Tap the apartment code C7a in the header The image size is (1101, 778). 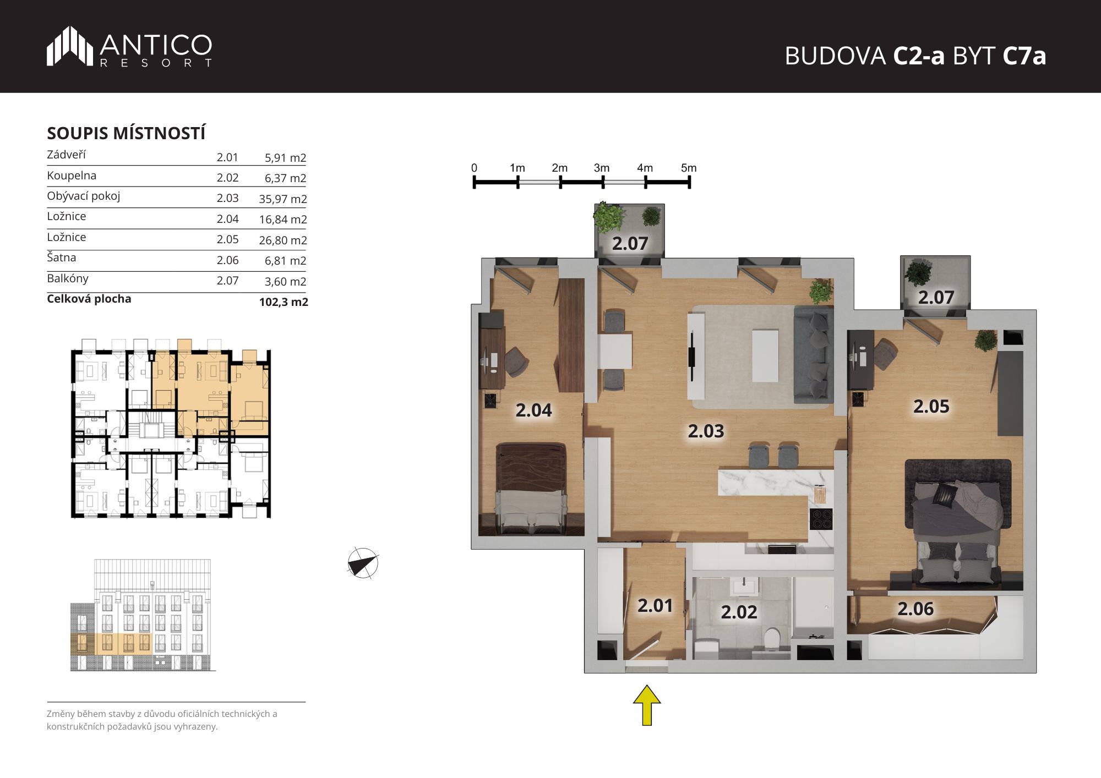1024,56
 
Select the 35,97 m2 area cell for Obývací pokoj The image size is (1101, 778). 283,199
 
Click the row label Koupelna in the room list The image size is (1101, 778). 72,176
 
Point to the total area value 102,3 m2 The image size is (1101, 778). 284,302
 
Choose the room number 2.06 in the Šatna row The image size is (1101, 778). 227,260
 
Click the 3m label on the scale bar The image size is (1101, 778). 602,168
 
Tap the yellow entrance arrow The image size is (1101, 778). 647,705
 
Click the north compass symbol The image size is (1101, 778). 363,563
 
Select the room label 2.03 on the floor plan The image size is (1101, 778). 706,431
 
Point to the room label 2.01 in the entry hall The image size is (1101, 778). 655,605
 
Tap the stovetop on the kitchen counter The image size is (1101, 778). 821,519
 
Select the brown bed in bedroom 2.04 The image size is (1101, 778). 532,489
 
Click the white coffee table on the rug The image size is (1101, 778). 765,355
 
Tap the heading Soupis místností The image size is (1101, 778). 126,133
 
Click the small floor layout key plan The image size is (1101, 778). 171,429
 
